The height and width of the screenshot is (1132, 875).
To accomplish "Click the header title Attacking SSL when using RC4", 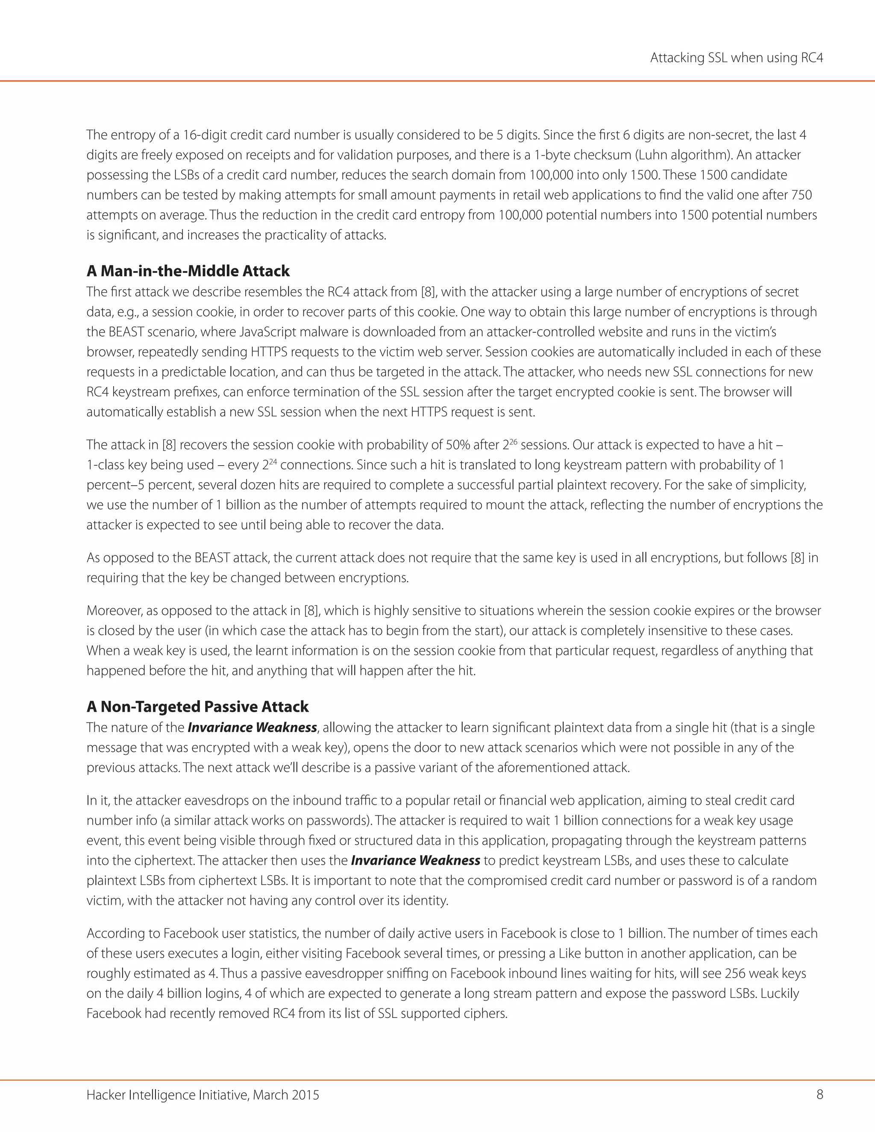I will pos(736,58).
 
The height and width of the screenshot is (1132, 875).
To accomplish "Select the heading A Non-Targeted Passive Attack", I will pos(197,707).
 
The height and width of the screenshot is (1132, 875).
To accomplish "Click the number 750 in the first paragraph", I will pos(802,195).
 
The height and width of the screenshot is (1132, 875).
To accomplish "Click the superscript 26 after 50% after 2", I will pos(513,442).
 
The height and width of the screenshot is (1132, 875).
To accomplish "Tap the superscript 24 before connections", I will pos(273,461).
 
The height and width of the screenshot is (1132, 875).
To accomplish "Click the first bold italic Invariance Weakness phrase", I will pos(252,728).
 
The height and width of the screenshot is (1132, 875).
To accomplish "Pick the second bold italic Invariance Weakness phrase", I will pos(415,860).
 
